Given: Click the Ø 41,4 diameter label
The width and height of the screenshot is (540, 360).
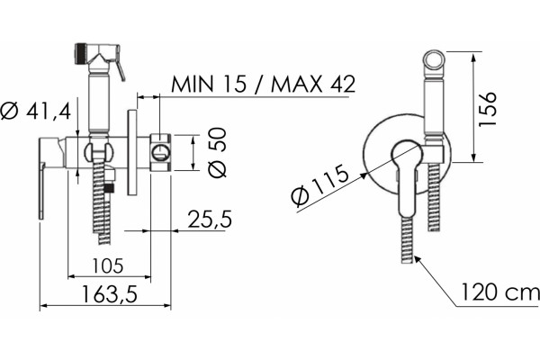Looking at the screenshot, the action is [36, 112].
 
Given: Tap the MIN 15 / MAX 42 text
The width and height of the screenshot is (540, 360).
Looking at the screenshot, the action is [264, 84].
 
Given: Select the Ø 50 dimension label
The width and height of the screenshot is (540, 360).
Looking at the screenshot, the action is [217, 152].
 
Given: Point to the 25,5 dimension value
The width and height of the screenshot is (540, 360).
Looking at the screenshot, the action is [210, 219].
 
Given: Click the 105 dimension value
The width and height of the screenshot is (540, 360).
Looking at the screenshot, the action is [108, 265].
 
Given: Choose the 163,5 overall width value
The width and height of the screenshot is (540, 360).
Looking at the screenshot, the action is [110, 294].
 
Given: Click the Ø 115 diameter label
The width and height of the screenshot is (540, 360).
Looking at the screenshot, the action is [319, 186].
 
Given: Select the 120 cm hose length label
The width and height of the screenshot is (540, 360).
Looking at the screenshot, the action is [500, 292].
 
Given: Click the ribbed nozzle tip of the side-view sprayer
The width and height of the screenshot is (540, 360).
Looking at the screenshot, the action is [80, 54].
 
